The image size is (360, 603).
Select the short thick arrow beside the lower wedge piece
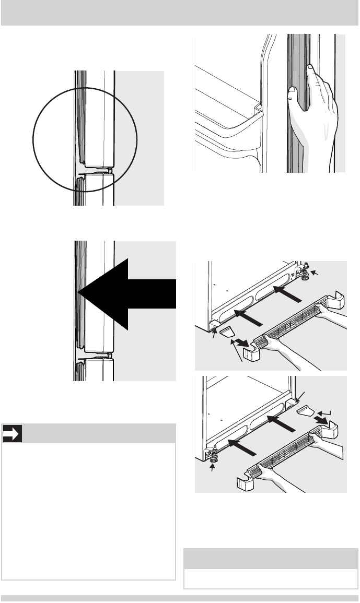(320, 421)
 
